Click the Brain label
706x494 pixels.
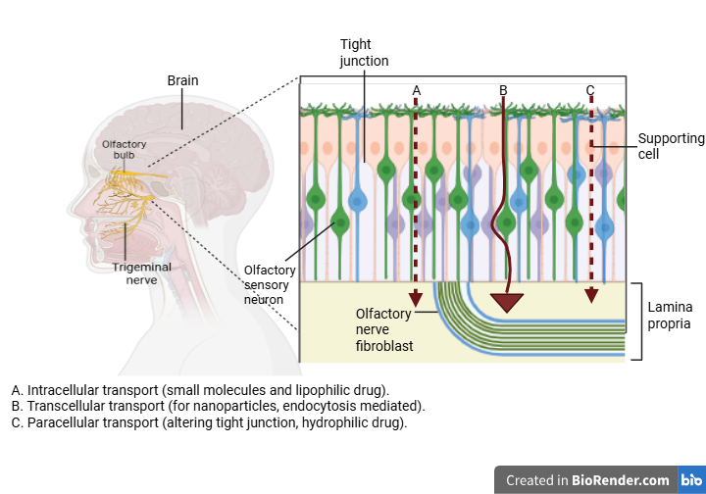(182, 80)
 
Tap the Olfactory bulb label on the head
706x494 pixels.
(124, 149)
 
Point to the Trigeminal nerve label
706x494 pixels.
(141, 272)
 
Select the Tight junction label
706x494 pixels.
(364, 53)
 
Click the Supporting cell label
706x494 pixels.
(671, 146)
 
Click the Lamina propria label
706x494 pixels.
(670, 315)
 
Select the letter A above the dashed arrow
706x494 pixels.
(416, 90)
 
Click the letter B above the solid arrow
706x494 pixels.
(503, 90)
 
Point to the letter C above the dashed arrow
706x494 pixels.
(590, 90)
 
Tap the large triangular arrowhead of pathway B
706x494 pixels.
(507, 301)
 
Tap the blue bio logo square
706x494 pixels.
(691, 480)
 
